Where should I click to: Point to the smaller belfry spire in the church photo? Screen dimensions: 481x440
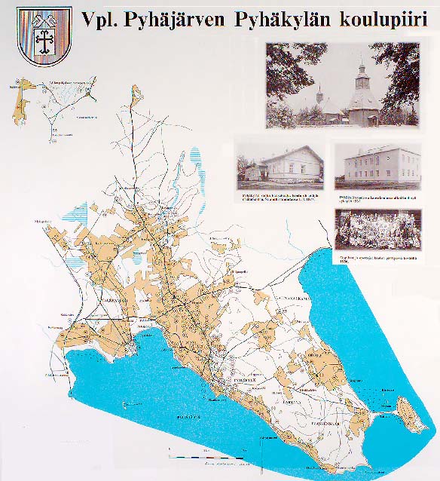point(320,98)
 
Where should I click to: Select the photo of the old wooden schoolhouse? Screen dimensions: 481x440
point(280,164)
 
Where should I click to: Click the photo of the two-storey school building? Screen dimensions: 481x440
point(377,164)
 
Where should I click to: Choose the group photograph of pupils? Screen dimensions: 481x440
point(377,229)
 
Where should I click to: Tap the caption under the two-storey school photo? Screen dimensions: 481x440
point(376,198)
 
